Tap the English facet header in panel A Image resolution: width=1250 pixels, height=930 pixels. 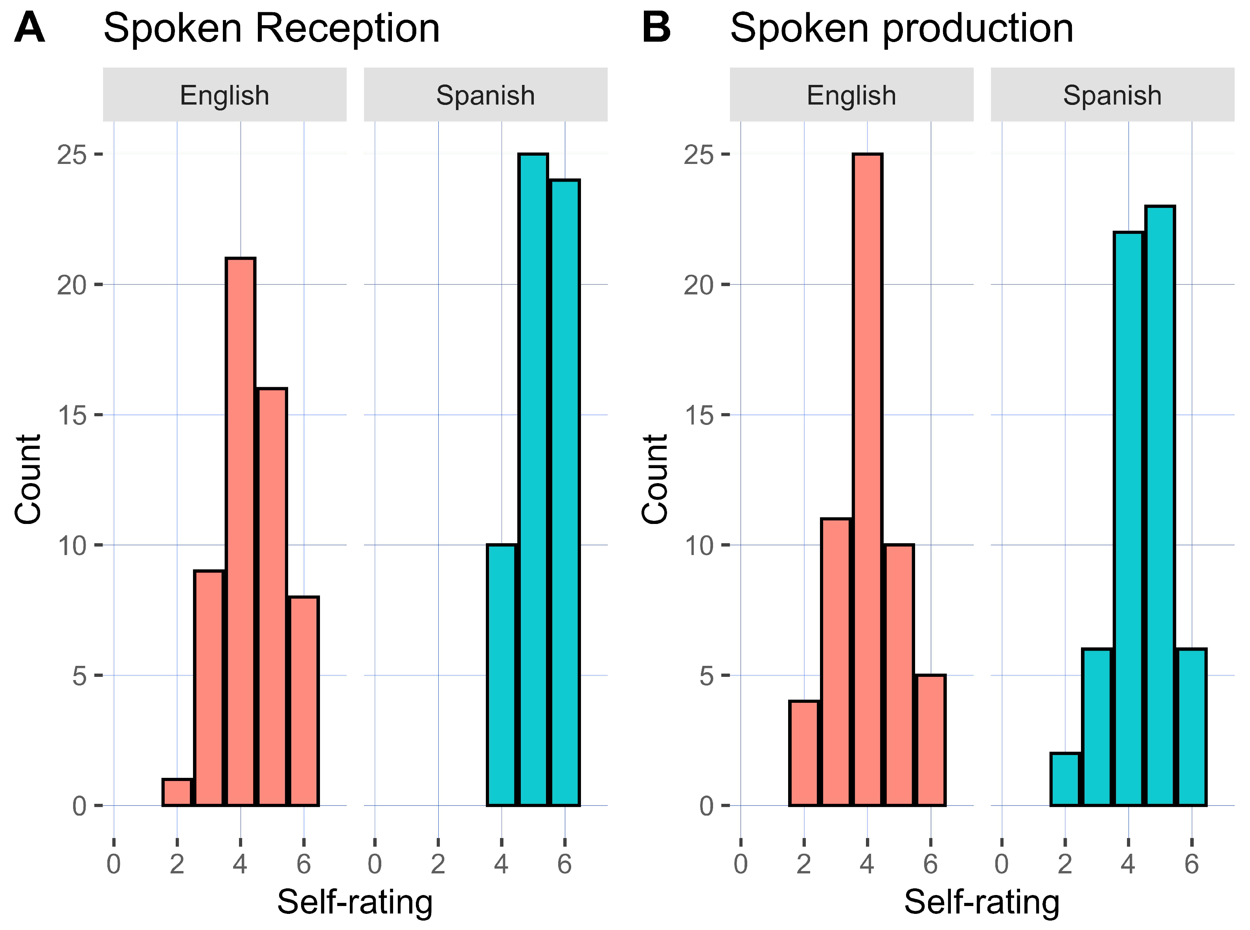click(x=224, y=95)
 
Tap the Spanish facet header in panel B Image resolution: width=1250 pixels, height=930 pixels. click(x=1112, y=95)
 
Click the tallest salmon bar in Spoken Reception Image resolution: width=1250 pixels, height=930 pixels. click(x=240, y=532)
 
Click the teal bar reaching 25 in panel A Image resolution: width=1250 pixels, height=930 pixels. click(x=533, y=478)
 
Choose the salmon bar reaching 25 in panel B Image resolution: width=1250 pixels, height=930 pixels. click(x=867, y=478)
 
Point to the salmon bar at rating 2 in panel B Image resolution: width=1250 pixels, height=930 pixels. click(x=804, y=753)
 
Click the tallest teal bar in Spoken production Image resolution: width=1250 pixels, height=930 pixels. click(x=1160, y=507)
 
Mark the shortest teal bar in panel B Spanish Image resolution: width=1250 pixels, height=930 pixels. click(x=1065, y=780)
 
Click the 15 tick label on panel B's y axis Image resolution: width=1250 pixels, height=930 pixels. click(x=699, y=415)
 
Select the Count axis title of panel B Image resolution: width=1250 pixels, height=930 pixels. click(x=654, y=479)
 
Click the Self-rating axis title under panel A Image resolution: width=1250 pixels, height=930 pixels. click(x=355, y=902)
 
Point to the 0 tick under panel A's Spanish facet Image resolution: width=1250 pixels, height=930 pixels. click(x=375, y=864)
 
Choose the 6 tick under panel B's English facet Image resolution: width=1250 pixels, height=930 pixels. click(x=930, y=864)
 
